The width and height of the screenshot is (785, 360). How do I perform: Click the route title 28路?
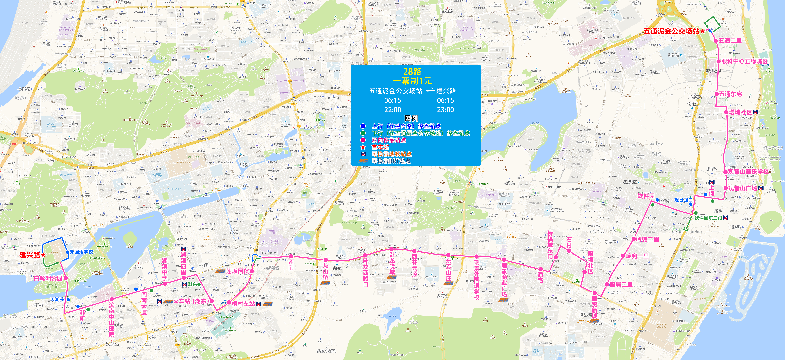click(412, 72)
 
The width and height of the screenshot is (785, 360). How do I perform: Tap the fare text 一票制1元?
click(412, 81)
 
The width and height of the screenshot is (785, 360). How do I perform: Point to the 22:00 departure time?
click(392, 110)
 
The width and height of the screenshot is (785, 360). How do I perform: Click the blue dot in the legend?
click(363, 126)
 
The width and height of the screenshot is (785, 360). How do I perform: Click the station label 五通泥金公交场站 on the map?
click(671, 31)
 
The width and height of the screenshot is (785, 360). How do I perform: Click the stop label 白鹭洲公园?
click(48, 278)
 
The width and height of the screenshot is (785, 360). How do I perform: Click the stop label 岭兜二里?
click(648, 239)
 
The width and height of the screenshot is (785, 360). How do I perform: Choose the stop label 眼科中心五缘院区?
click(744, 61)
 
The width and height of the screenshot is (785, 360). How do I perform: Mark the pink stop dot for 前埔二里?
click(606, 284)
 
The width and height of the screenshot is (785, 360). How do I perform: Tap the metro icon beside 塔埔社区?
click(755, 112)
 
